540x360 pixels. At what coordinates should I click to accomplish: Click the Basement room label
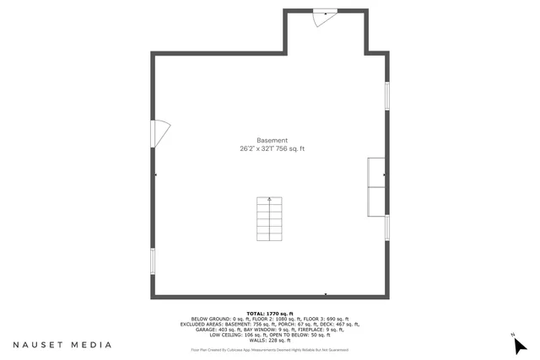point(273,140)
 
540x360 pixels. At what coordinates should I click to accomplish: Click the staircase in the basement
point(270,219)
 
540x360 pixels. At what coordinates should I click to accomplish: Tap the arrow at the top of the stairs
point(270,200)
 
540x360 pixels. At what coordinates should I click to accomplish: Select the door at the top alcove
point(325,16)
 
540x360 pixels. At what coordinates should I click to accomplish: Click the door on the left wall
point(159,132)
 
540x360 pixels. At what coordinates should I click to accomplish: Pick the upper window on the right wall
point(387,94)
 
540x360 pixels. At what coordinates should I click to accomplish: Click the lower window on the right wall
point(387,228)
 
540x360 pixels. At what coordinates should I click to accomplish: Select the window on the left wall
point(154,261)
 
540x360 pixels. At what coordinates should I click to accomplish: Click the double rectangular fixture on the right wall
point(376,185)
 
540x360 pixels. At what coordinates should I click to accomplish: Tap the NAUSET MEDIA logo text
point(62,345)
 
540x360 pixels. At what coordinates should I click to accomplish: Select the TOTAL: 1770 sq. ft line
point(269,313)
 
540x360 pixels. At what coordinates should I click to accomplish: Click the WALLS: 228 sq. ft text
point(269,340)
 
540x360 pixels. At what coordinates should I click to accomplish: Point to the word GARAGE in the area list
point(196,329)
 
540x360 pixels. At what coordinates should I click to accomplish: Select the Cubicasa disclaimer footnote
point(269,349)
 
